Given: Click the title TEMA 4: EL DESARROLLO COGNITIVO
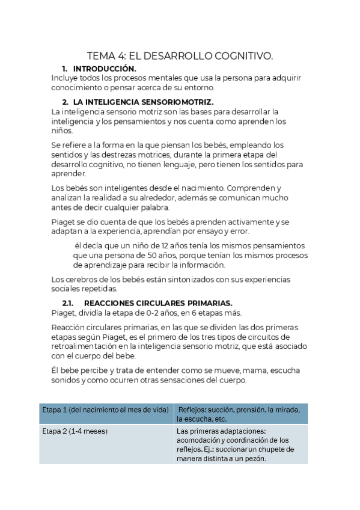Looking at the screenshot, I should point(180,57).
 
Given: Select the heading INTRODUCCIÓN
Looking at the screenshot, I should point(104,69).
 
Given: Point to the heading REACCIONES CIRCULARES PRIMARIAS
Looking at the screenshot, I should point(158,303).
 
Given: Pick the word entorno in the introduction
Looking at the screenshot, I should point(224,88).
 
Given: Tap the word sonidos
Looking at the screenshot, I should point(66,381).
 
